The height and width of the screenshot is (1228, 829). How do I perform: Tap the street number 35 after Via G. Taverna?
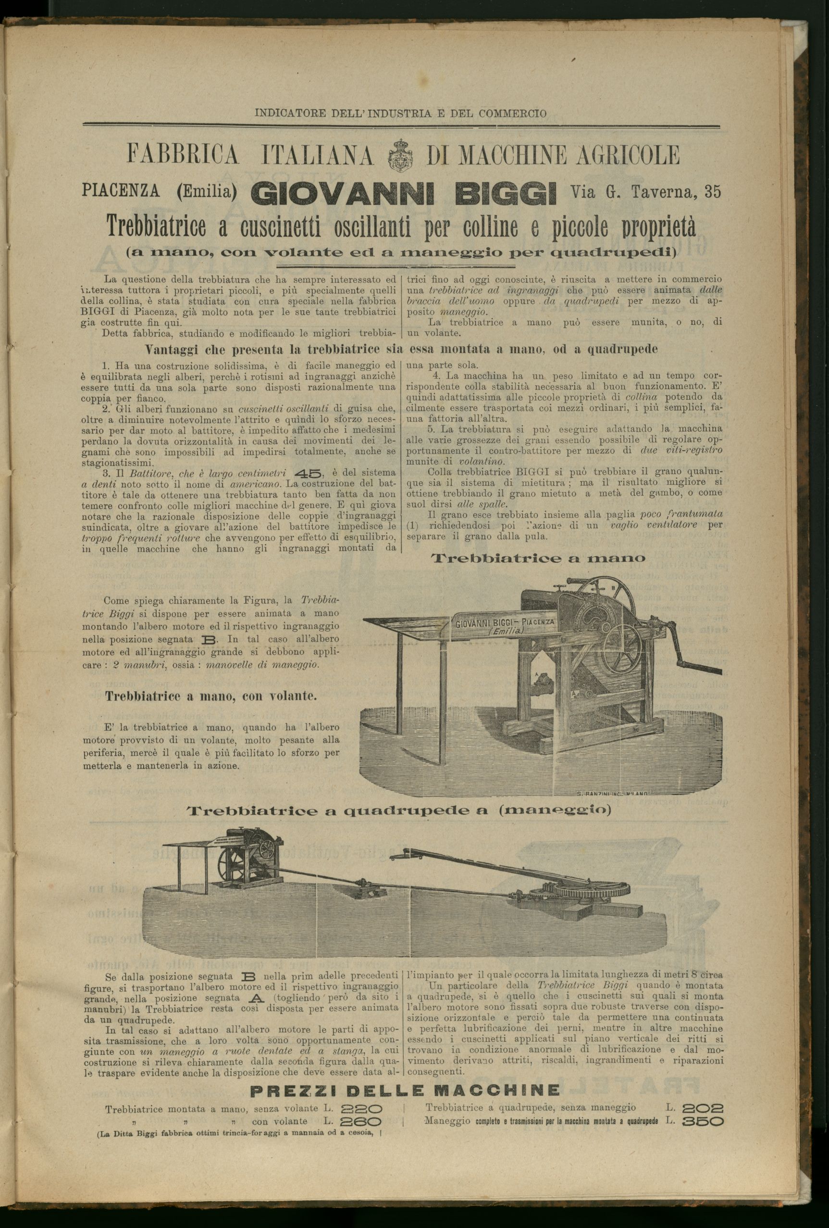pyautogui.click(x=712, y=192)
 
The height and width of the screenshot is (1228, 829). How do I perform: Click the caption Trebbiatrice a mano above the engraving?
pyautogui.click(x=538, y=558)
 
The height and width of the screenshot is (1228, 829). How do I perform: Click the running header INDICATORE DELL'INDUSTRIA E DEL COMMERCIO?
pyautogui.click(x=400, y=113)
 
